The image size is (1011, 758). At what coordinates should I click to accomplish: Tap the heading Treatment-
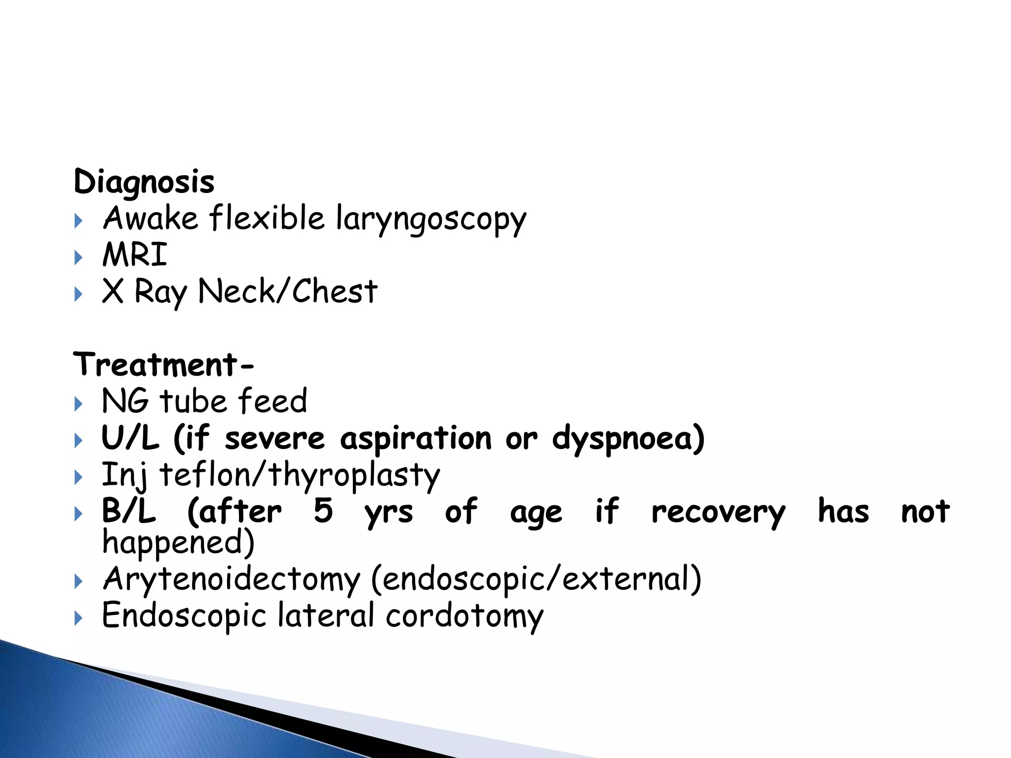click(163, 365)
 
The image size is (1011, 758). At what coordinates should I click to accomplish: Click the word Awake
click(150, 218)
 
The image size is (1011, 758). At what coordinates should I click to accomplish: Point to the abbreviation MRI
click(135, 255)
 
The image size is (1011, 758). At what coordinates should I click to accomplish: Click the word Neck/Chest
click(288, 291)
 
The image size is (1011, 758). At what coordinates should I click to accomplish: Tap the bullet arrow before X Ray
click(78, 295)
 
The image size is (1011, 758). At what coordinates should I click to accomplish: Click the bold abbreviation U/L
click(130, 438)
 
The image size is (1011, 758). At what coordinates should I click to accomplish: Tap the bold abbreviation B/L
click(129, 511)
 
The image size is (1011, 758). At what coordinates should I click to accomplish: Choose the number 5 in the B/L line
click(323, 511)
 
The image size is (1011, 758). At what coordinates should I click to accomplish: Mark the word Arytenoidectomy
click(232, 580)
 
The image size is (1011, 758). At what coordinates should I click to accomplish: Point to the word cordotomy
click(465, 617)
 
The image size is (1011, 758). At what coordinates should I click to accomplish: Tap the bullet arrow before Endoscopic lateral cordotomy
click(78, 618)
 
